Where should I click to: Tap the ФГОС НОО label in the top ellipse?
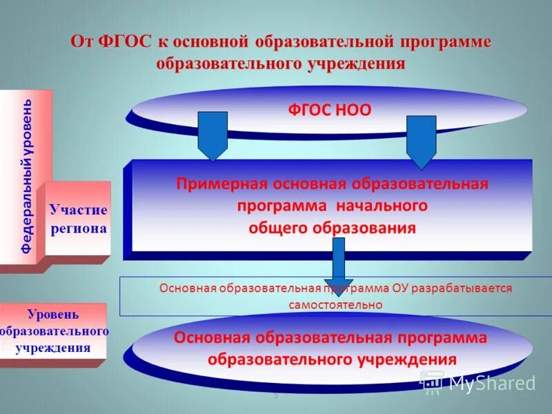(x=329, y=110)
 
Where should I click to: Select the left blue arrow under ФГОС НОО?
(x=213, y=137)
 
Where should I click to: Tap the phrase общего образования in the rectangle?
(x=332, y=228)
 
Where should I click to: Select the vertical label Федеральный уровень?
(x=26, y=176)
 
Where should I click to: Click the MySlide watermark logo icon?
(x=433, y=382)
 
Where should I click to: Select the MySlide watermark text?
(x=493, y=382)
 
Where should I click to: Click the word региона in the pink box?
(x=78, y=228)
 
